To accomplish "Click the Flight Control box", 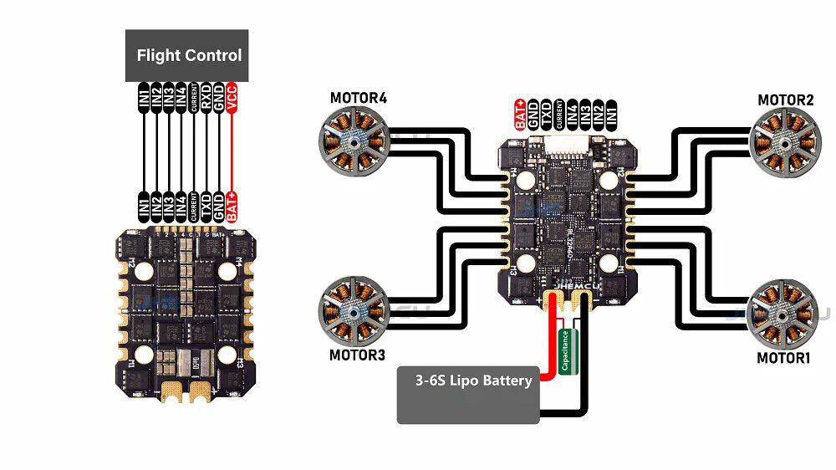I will pos(187,56).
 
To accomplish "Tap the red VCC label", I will pos(232,98).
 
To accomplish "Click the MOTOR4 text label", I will pos(358,98).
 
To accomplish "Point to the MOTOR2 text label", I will pos(785,100).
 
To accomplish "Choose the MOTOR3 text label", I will pos(358,355).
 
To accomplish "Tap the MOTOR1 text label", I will pos(784,358).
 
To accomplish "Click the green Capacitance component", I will pos(566,351).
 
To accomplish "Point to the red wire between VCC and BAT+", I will pos(232,151).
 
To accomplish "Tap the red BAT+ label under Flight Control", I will pos(232,206).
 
